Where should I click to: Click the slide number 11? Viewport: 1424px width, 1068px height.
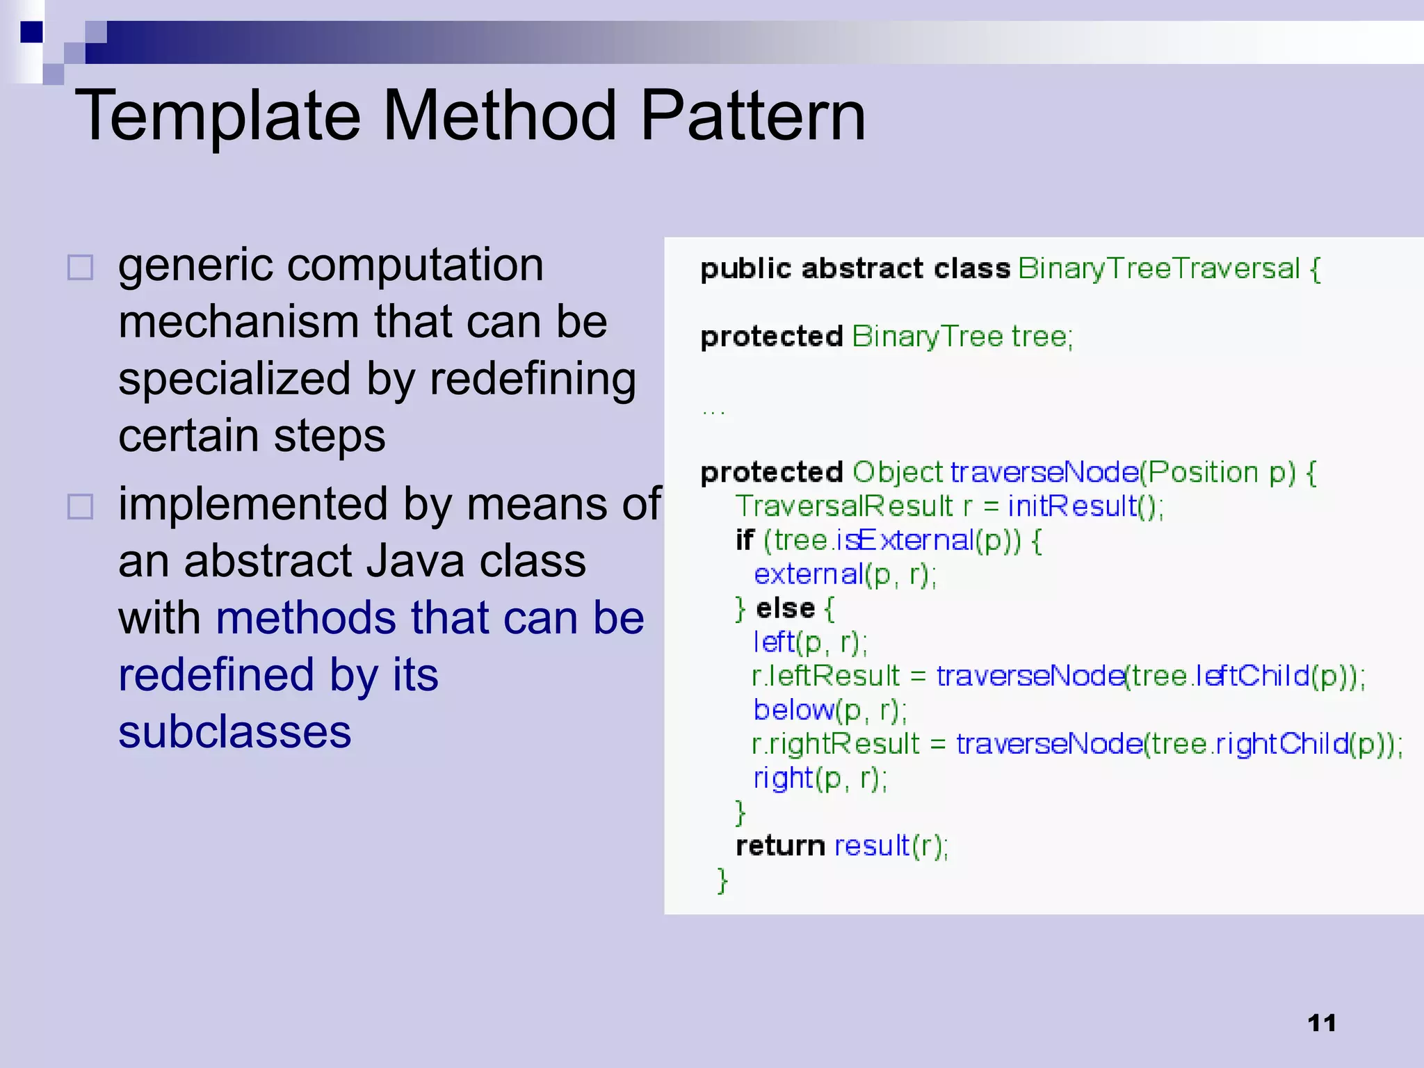(x=1321, y=1023)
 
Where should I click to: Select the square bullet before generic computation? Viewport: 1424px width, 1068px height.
(x=80, y=267)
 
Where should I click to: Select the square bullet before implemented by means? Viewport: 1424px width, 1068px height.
(x=80, y=506)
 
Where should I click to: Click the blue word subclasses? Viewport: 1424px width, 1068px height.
(x=234, y=732)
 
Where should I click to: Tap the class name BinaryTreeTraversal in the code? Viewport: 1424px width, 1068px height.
(x=1158, y=268)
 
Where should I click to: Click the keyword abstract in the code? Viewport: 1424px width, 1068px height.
(x=862, y=268)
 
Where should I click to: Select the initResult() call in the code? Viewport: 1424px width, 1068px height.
(x=1085, y=506)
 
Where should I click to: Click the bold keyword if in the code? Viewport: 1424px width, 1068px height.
(x=744, y=540)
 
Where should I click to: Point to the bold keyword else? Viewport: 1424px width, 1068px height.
(x=785, y=608)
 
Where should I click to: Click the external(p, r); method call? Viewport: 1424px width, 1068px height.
(x=845, y=575)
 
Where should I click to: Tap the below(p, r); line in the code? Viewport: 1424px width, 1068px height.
(x=830, y=710)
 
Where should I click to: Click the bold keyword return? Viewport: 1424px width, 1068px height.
(x=780, y=846)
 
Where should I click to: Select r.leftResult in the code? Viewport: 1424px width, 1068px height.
(x=826, y=676)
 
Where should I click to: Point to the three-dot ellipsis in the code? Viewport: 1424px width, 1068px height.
(x=713, y=412)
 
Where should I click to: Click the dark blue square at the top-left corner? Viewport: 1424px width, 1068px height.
(x=31, y=32)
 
